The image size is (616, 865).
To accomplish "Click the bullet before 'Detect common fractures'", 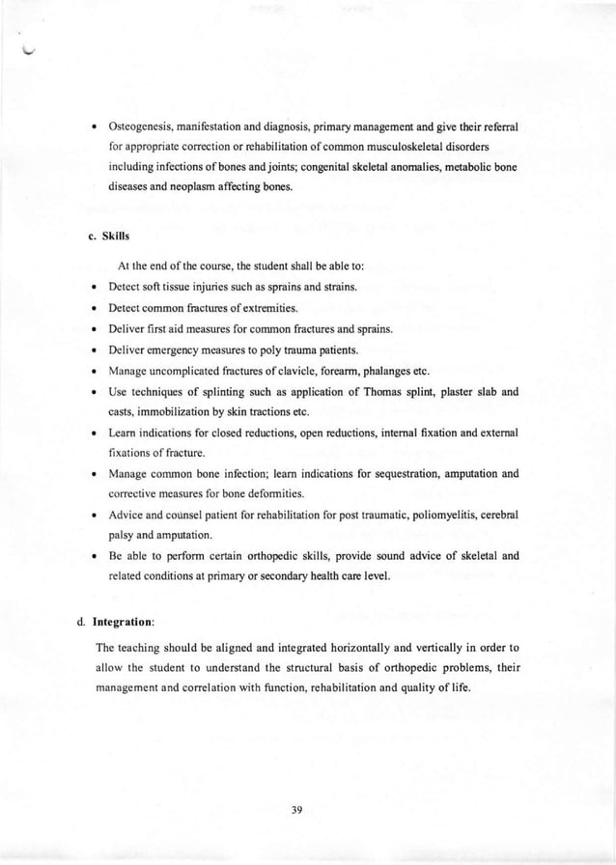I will [x=91, y=308].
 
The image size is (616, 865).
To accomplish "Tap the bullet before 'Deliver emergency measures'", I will [x=91, y=350].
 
